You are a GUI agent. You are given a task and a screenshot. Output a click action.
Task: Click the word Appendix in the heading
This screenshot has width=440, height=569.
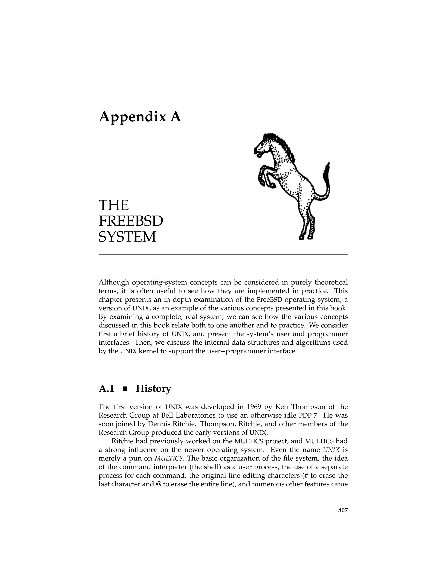point(132,117)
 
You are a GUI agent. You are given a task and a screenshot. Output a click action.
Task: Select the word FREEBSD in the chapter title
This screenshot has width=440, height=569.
point(131,221)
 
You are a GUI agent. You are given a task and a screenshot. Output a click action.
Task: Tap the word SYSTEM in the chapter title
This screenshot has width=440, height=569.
point(127,237)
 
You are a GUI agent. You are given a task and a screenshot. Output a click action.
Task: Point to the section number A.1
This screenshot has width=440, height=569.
point(107,389)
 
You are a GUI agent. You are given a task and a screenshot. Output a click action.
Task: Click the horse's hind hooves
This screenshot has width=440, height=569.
point(306,237)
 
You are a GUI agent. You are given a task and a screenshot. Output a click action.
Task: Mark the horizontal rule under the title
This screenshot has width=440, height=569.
point(223,254)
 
